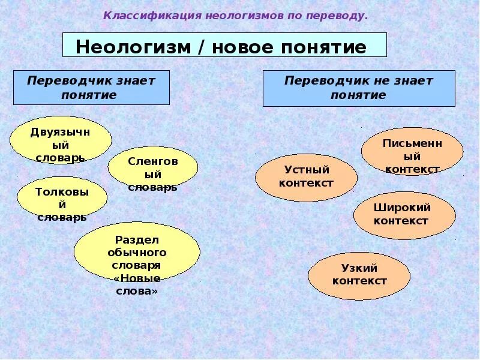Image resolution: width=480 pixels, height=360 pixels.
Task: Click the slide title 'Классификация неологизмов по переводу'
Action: [x=235, y=15]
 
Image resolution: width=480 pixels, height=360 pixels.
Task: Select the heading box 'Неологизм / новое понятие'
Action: [x=224, y=46]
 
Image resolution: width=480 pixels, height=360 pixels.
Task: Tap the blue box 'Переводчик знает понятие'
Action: [x=91, y=88]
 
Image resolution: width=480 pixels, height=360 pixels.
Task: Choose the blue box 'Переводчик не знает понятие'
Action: [x=358, y=88]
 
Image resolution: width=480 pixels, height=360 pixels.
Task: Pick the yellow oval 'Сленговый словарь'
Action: [x=152, y=167]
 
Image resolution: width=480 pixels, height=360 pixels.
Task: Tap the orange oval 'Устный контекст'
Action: [x=306, y=177]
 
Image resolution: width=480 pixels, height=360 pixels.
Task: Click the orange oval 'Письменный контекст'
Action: [x=412, y=151]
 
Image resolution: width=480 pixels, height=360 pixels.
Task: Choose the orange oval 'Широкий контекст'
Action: [x=404, y=215]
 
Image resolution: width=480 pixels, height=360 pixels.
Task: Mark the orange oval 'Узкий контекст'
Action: [x=359, y=275]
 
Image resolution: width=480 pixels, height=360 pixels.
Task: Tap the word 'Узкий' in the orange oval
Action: [x=359, y=269]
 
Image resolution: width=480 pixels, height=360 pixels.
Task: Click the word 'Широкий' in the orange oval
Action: [x=402, y=208]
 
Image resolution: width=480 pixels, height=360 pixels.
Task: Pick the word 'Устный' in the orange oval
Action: [x=306, y=170]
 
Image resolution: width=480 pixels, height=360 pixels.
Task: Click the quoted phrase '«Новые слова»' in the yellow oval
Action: [x=136, y=284]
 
